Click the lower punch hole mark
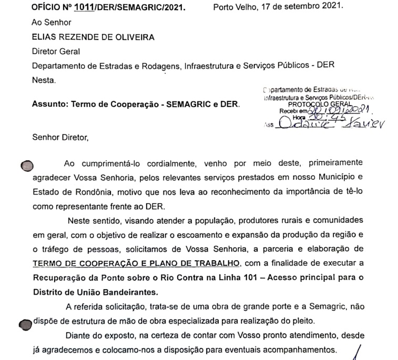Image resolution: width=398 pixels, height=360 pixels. click(25, 324)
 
